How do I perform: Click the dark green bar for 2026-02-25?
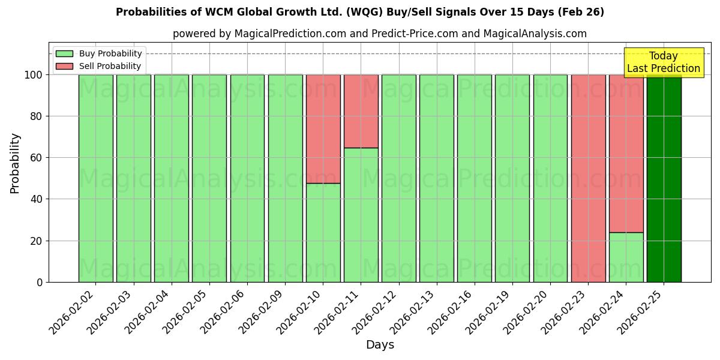pyautogui.click(x=664, y=178)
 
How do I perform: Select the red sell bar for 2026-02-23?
pyautogui.click(x=588, y=178)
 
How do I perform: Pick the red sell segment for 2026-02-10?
pyautogui.click(x=323, y=128)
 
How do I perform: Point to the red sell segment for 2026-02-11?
pyautogui.click(x=361, y=111)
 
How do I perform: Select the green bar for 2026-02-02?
pyautogui.click(x=95, y=178)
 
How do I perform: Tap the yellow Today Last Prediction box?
pyautogui.click(x=664, y=62)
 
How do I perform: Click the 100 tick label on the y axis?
pyautogui.click(x=34, y=75)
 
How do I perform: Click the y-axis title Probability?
pyautogui.click(x=15, y=163)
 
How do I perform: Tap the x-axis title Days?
pyautogui.click(x=380, y=345)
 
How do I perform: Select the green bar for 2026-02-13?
pyautogui.click(x=436, y=178)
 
